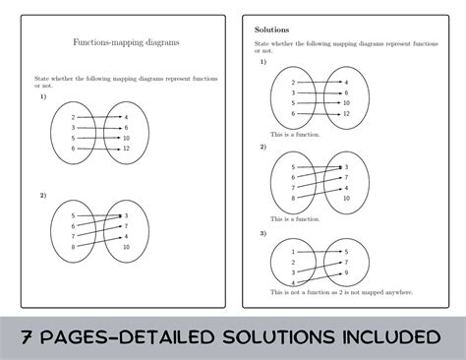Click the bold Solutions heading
[271, 30]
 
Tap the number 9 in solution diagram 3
[345, 272]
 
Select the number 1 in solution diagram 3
[293, 251]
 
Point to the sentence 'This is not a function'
[334, 292]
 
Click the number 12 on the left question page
[127, 149]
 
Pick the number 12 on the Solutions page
[346, 113]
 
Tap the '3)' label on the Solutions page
[263, 233]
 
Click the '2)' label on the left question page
[43, 195]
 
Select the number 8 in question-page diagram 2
[73, 247]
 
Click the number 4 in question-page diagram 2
[125, 236]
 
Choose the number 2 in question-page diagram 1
[73, 117]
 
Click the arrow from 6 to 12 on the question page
[98, 149]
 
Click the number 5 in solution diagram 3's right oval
[345, 251]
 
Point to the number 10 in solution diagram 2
[346, 199]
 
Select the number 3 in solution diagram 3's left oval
[293, 272]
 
